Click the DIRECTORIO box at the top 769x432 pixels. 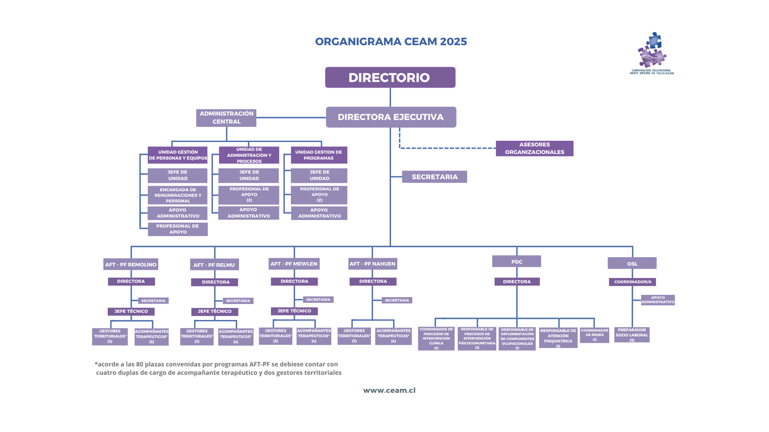(x=390, y=77)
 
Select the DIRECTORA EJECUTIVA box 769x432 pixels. (x=391, y=117)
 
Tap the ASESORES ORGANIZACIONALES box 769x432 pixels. (x=534, y=148)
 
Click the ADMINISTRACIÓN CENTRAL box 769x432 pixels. (x=226, y=118)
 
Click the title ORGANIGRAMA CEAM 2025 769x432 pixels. (x=391, y=42)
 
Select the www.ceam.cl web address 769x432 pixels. (x=389, y=390)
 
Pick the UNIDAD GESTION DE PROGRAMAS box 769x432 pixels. (x=319, y=155)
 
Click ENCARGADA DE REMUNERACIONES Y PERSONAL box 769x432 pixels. (x=178, y=195)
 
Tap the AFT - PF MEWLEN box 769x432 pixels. (x=294, y=264)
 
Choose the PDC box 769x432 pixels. (x=517, y=262)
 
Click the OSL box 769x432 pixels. (x=632, y=264)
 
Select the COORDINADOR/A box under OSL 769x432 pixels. (x=632, y=282)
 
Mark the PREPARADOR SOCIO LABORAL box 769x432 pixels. (x=632, y=335)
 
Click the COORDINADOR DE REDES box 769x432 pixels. (x=594, y=335)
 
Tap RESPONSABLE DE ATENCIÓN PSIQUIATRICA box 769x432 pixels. (x=558, y=338)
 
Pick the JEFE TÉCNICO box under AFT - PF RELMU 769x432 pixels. (x=215, y=312)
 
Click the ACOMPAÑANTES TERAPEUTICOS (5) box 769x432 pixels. (x=151, y=337)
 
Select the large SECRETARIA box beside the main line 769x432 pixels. (x=435, y=177)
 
